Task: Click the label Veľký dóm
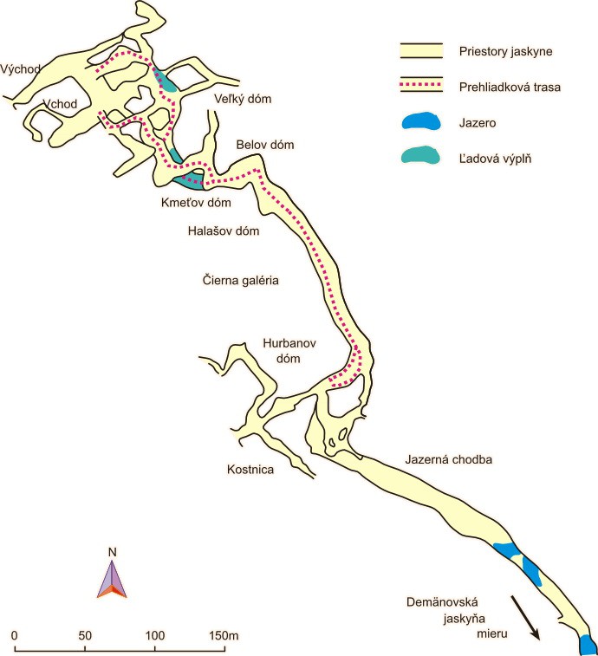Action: click(244, 99)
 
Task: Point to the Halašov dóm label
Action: click(224, 231)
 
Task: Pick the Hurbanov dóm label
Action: click(287, 350)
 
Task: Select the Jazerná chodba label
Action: click(448, 459)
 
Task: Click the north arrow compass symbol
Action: click(112, 575)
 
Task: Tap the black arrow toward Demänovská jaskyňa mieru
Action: click(525, 617)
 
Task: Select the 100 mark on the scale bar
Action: click(155, 636)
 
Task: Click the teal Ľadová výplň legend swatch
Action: click(420, 156)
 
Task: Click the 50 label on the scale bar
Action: click(85, 636)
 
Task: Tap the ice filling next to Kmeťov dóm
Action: click(190, 179)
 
